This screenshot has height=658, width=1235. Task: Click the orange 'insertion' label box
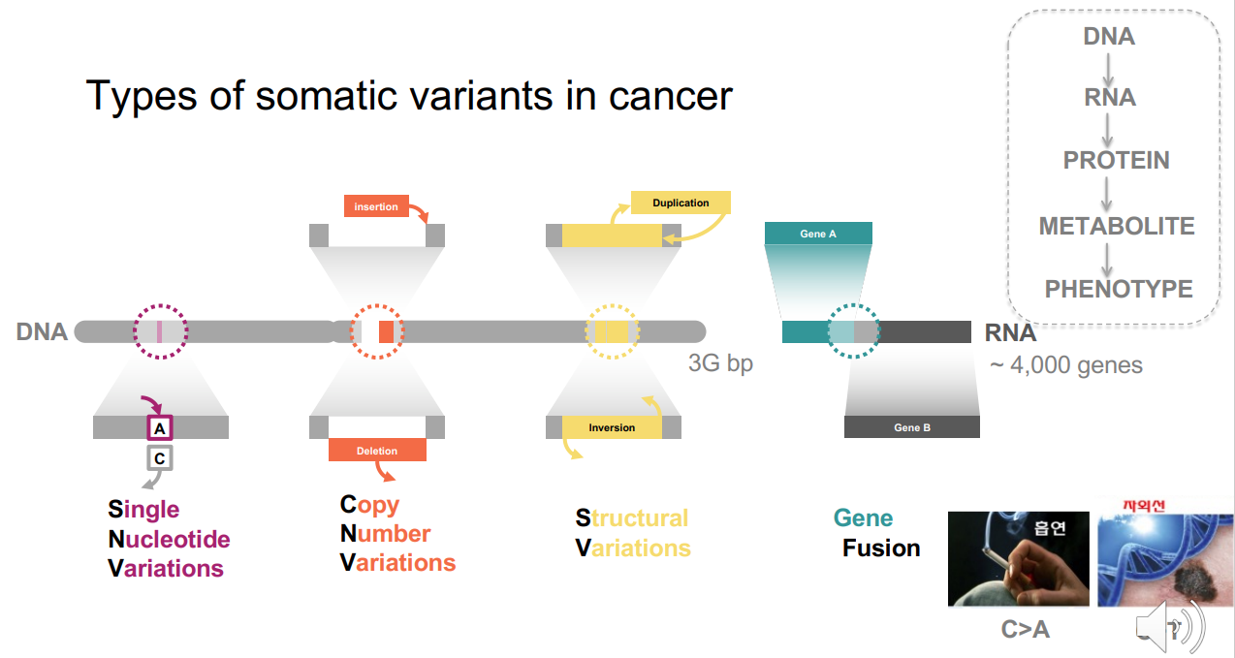pyautogui.click(x=375, y=206)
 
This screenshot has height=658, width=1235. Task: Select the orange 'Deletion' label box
pyautogui.click(x=377, y=451)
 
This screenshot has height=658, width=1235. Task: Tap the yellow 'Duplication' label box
pyautogui.click(x=681, y=203)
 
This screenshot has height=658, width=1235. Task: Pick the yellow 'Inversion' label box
pyautogui.click(x=612, y=427)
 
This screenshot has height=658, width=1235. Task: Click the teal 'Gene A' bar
pyautogui.click(x=818, y=234)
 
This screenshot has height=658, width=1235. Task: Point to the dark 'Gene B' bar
pyautogui.click(x=911, y=427)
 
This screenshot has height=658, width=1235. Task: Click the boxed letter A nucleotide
pyautogui.click(x=160, y=427)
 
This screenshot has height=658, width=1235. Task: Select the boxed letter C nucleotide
pyautogui.click(x=160, y=457)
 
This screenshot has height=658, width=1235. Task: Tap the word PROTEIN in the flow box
pyautogui.click(x=1116, y=161)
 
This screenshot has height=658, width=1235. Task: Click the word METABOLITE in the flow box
pyautogui.click(x=1117, y=227)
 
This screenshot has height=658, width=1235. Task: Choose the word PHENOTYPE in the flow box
pyautogui.click(x=1118, y=289)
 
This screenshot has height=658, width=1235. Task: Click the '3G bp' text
pyautogui.click(x=720, y=364)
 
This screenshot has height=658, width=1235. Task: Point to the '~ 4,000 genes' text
pyautogui.click(x=1065, y=365)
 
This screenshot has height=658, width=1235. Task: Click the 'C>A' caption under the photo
pyautogui.click(x=1025, y=630)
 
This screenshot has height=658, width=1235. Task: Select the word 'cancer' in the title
pyautogui.click(x=670, y=96)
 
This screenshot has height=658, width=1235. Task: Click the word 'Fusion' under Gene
pyautogui.click(x=881, y=548)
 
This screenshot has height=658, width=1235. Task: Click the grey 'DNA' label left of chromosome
pyautogui.click(x=42, y=332)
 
